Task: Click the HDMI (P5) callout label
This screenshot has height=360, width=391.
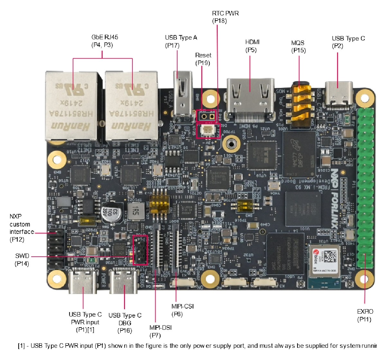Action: [252, 46]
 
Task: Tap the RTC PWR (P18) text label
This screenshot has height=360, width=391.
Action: [225, 17]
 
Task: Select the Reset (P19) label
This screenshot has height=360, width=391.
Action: [203, 59]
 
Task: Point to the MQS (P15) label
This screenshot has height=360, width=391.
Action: [298, 47]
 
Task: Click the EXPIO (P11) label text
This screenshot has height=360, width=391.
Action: [365, 315]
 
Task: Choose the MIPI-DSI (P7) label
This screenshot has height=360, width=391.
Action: [160, 331]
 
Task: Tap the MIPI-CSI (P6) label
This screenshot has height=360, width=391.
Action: [182, 310]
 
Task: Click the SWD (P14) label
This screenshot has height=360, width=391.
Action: [22, 260]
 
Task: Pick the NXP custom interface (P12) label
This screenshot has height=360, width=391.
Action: [21, 228]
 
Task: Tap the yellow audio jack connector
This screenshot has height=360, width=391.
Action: [301, 103]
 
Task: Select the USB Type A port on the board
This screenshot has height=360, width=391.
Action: [182, 95]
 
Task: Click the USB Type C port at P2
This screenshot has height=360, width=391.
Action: [339, 94]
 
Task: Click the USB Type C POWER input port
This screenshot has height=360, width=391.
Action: [83, 282]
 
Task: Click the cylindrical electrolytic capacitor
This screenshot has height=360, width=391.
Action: [112, 212]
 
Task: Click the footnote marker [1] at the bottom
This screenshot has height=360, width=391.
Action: [21, 346]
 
